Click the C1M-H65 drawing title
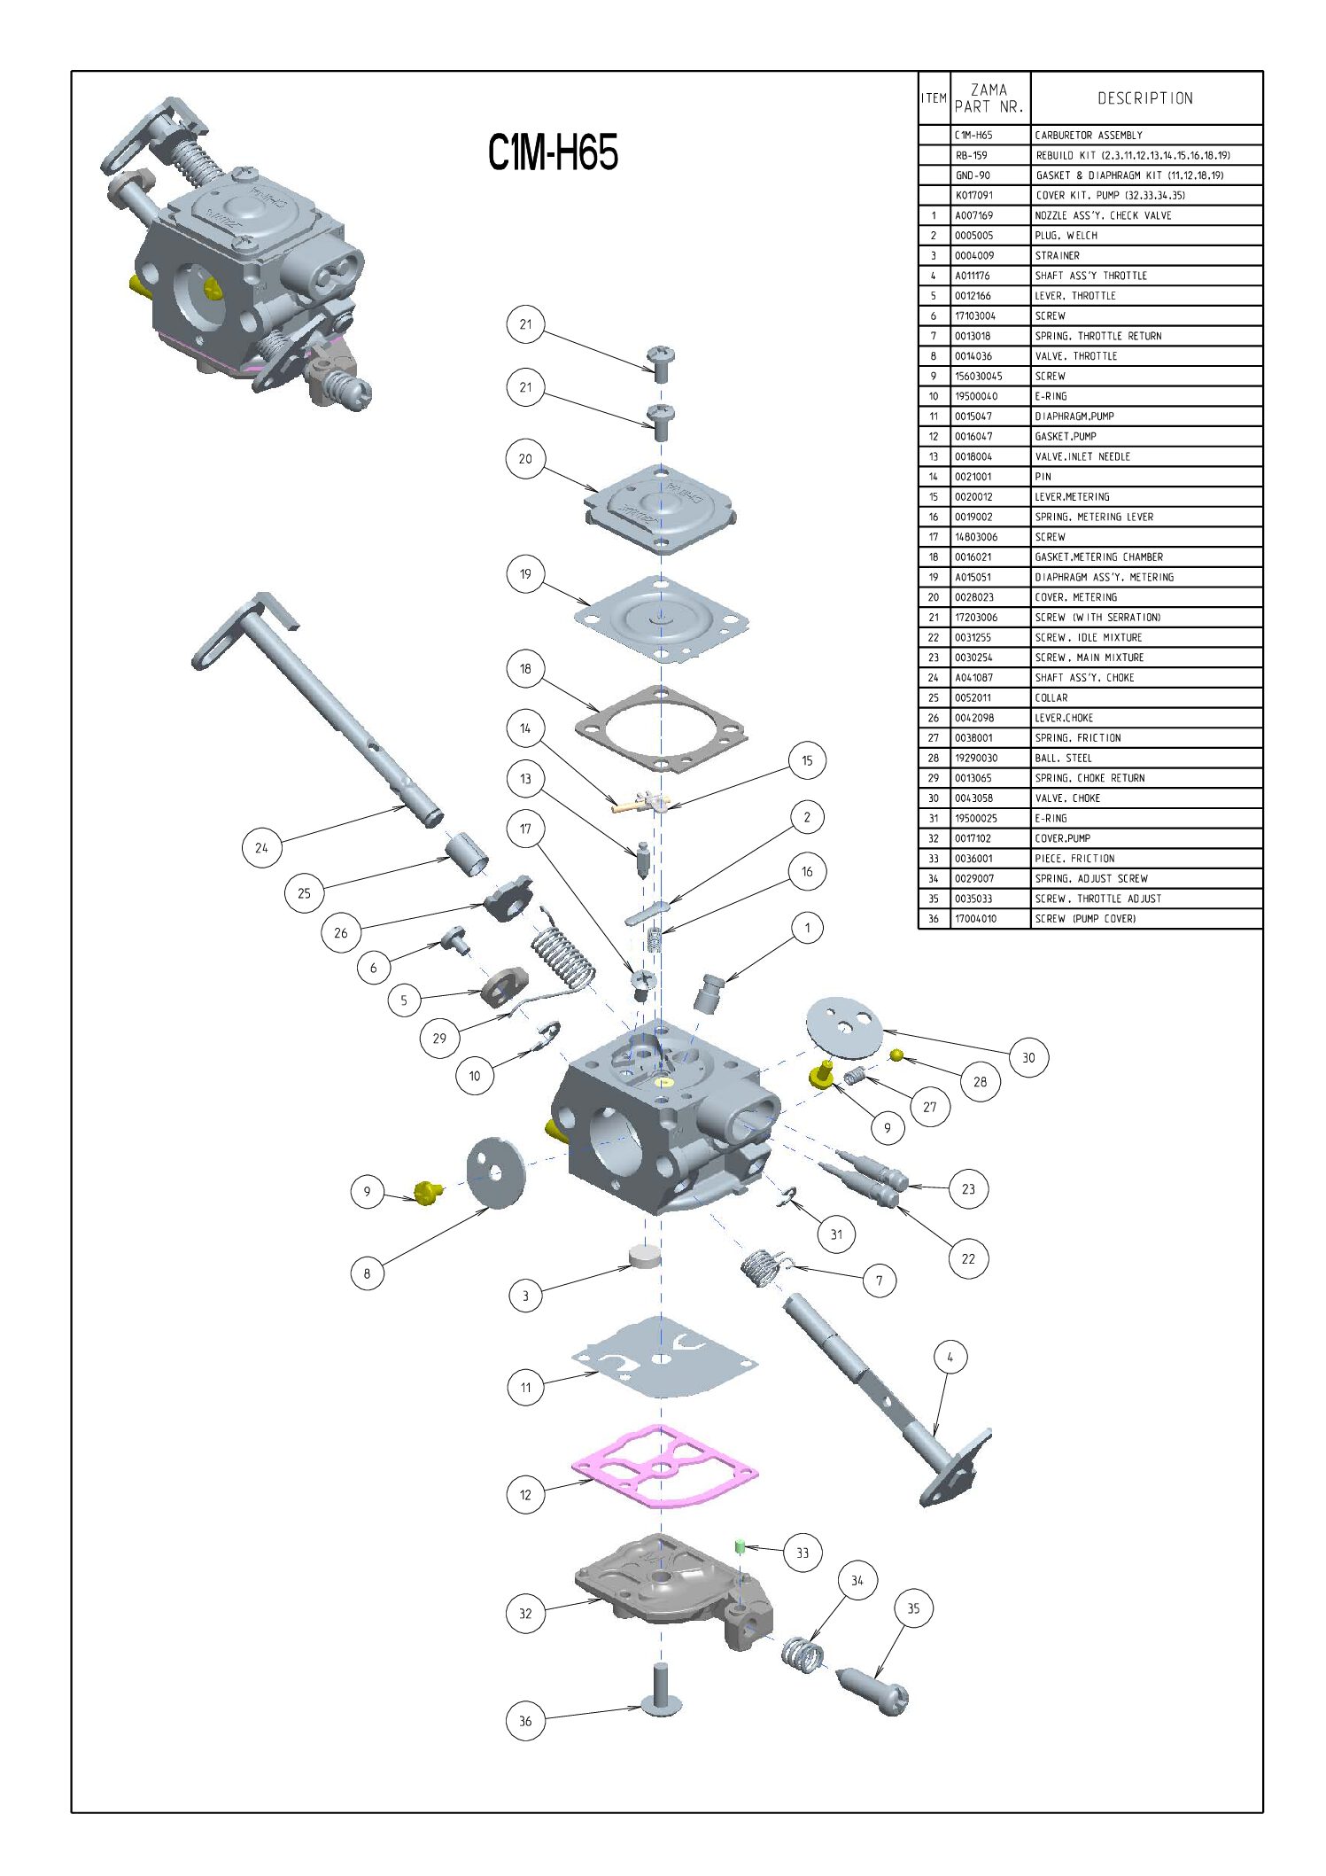coord(553,152)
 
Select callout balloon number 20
coord(525,459)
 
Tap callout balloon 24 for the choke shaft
coord(261,848)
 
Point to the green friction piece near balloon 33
coord(740,1545)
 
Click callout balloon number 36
coord(525,1721)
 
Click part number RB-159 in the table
coord(972,155)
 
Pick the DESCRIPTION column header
coord(1145,98)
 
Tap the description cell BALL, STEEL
coord(1064,758)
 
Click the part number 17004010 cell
coord(975,919)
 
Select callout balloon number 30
coord(1028,1057)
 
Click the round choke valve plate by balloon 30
coord(845,1027)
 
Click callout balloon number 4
coord(950,1357)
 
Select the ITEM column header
coord(934,98)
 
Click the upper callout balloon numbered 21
coord(525,324)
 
